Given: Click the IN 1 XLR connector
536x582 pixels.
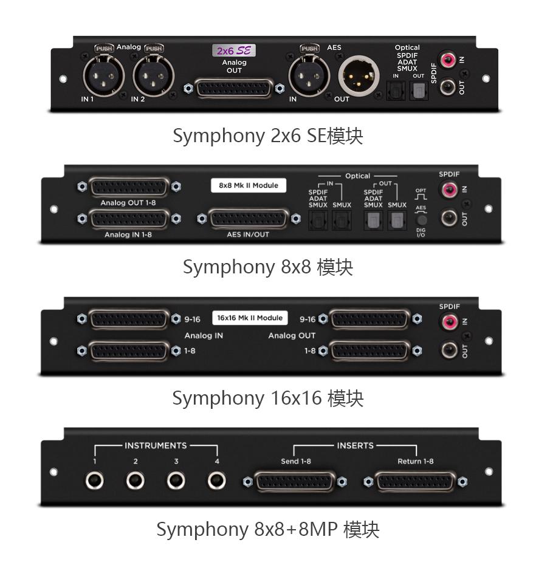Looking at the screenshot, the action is (103, 76).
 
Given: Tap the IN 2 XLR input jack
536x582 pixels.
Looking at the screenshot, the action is (154, 76).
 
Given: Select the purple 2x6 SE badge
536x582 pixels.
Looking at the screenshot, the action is (234, 50).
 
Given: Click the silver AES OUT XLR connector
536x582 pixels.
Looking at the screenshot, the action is (359, 76).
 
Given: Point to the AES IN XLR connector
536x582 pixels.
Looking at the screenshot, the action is (309, 76).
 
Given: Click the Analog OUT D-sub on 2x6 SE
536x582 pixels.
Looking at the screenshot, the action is (234, 88).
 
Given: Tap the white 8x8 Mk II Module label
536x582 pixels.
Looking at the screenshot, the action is (249, 185).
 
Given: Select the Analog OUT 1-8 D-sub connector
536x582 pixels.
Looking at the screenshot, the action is (129, 187).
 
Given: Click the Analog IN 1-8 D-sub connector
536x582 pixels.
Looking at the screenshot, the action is (129, 219).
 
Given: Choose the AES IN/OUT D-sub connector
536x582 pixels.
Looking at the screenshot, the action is (249, 219).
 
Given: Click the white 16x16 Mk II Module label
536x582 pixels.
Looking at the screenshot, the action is (250, 318).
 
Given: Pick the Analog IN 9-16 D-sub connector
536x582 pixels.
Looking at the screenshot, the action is (129, 319).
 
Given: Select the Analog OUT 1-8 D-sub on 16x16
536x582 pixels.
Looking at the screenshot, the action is (370, 351).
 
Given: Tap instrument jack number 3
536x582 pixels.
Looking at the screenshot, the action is (176, 481).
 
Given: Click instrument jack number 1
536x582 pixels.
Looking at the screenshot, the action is (95, 481).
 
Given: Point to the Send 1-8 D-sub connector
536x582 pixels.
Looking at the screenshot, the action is (295, 482).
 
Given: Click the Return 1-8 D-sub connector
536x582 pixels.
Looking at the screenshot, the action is (415, 482).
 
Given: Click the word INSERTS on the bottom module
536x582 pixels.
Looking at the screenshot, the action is (356, 445).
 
